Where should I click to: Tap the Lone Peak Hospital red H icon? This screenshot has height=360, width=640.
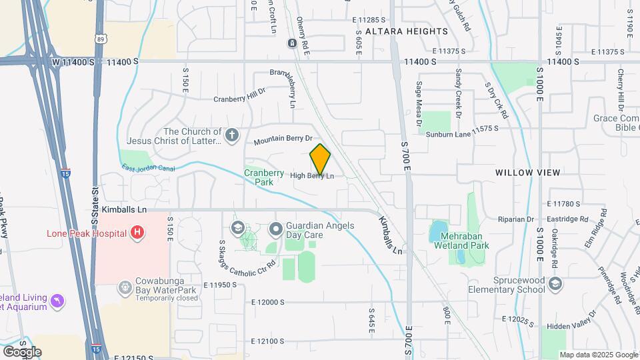(x=137, y=233)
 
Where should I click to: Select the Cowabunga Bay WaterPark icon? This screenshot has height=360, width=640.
(x=125, y=287)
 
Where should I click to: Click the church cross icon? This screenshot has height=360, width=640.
(x=231, y=136)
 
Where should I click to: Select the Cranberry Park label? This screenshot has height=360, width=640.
(x=259, y=177)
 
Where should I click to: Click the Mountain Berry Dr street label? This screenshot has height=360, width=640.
(x=283, y=140)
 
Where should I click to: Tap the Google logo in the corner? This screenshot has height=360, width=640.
(x=22, y=351)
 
